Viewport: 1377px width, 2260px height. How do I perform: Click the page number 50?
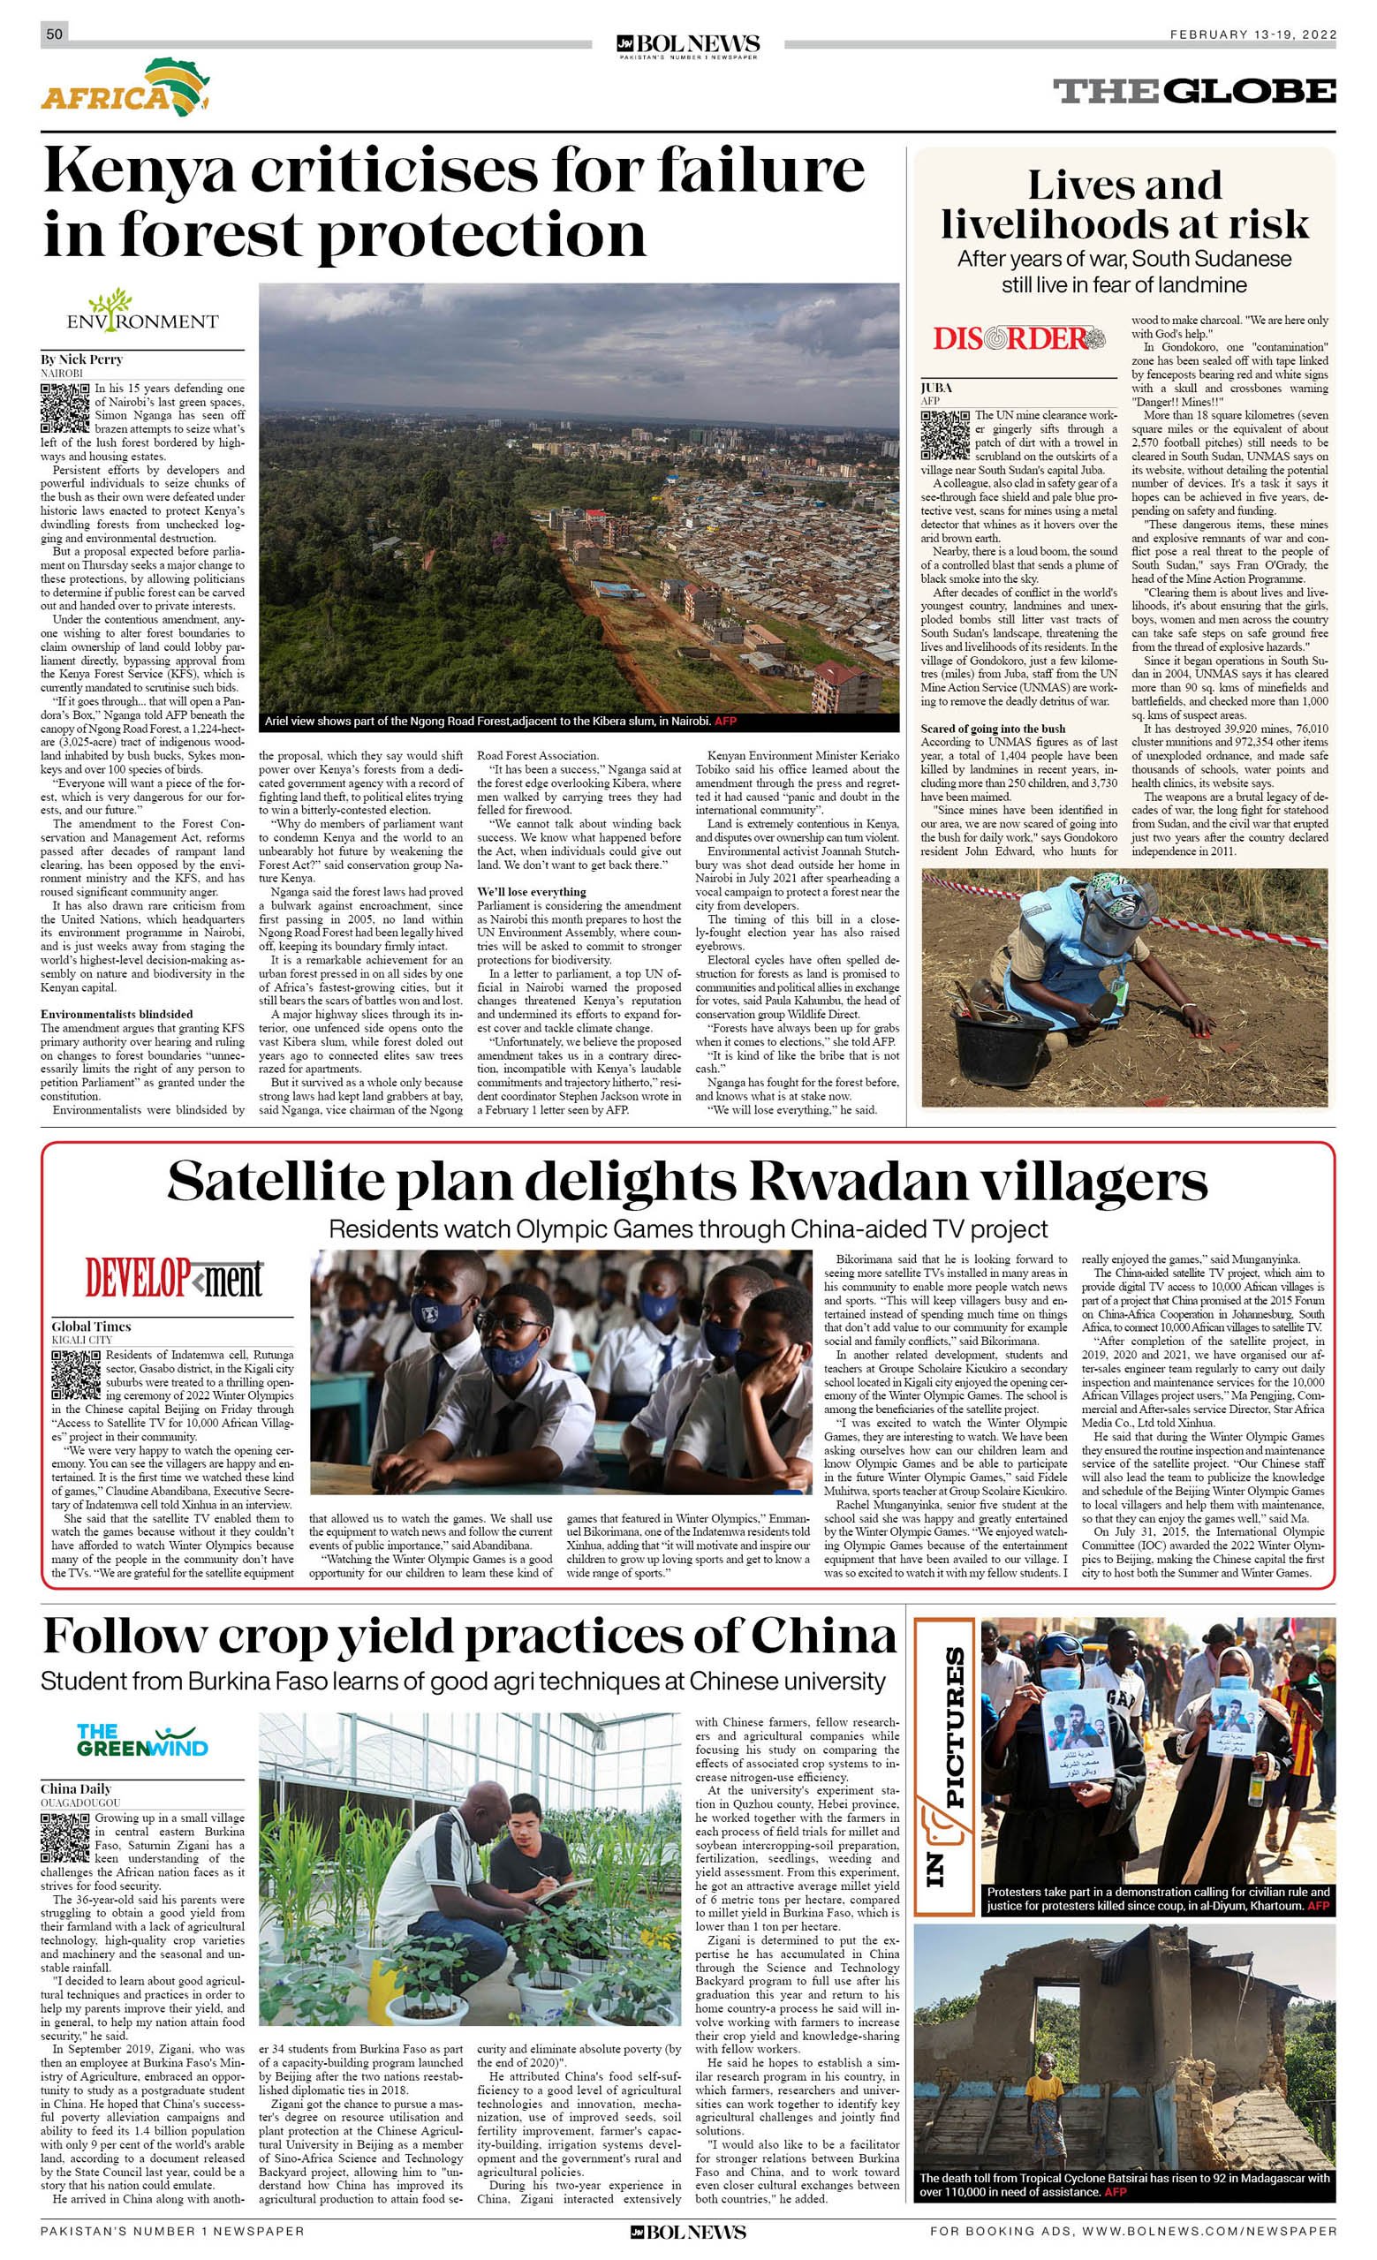[54, 34]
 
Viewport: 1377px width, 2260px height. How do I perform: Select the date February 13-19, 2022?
[1252, 34]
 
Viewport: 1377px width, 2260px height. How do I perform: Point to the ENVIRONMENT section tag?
[142, 313]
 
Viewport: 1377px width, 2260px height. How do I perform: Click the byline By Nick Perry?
[81, 359]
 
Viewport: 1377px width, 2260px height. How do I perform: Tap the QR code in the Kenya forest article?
[64, 409]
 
